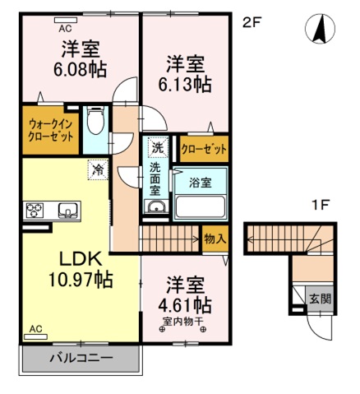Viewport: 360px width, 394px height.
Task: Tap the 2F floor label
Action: pos(251,23)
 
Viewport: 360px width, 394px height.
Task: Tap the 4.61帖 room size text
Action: pos(184,306)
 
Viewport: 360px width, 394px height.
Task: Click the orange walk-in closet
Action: pos(49,129)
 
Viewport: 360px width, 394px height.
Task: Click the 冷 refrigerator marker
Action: pos(98,172)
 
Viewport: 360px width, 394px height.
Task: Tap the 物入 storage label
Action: pos(215,238)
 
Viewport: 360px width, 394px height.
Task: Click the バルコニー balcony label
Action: pos(80,359)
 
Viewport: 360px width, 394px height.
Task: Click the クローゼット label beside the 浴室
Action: pos(202,150)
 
